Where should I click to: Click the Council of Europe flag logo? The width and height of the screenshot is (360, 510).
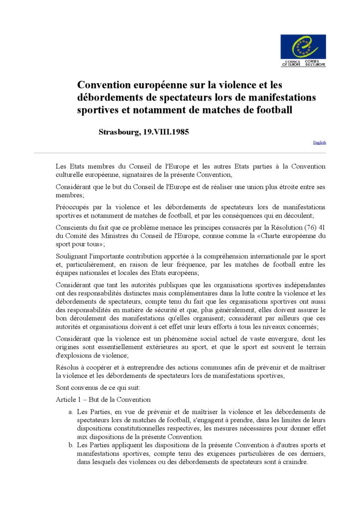[x=303, y=47]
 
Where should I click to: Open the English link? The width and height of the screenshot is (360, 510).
[x=319, y=142]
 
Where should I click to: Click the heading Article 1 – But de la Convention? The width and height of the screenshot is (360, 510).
[x=103, y=399]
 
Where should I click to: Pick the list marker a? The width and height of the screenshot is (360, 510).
[x=71, y=412]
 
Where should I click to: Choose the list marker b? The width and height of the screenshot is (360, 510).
[x=71, y=445]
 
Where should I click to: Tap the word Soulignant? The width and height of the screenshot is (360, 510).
[x=73, y=256]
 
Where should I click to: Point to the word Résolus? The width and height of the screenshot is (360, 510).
[x=68, y=367]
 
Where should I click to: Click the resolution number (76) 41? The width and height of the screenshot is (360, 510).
[x=315, y=228]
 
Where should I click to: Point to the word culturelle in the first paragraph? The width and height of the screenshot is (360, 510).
[x=71, y=175]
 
